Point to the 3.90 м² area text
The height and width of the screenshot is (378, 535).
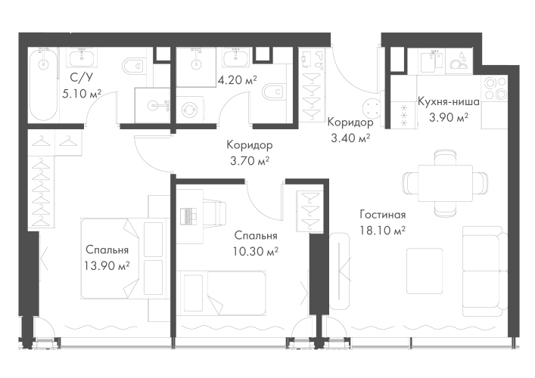click(x=448, y=117)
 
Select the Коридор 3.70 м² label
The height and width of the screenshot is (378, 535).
click(x=249, y=144)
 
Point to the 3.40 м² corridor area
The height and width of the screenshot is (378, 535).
click(x=349, y=138)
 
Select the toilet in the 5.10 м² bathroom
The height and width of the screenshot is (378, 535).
click(x=134, y=66)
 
